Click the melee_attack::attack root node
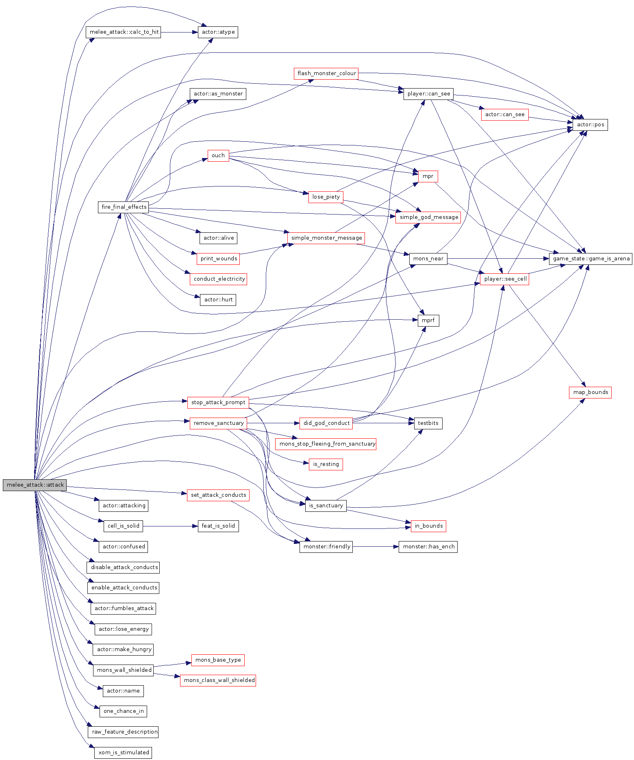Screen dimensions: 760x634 [x=35, y=485]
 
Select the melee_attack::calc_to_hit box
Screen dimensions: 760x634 [x=124, y=32]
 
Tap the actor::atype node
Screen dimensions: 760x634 [x=218, y=32]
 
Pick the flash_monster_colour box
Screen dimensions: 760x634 [x=326, y=74]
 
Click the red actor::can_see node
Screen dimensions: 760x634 [x=504, y=115]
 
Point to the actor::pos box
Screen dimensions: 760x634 [x=590, y=125]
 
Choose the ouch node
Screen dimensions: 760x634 [x=218, y=156]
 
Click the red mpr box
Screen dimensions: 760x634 [x=428, y=176]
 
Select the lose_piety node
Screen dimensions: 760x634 [x=326, y=197]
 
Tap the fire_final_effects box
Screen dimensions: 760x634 [x=124, y=207]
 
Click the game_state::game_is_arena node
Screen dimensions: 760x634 [x=591, y=259]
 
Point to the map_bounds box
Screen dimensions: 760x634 [x=590, y=392]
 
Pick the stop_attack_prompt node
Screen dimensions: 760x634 [x=218, y=403]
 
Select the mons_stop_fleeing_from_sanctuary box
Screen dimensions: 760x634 [x=326, y=444]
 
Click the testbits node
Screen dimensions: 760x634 [x=428, y=423]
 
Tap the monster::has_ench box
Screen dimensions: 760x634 [x=428, y=547]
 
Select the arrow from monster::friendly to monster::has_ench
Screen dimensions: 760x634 [x=376, y=547]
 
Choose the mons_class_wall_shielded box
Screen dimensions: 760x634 [x=218, y=680]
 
